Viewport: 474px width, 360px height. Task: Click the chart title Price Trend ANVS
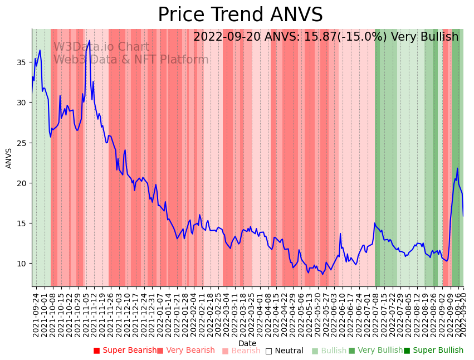coord(240,14)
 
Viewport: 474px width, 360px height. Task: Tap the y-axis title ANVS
coord(9,158)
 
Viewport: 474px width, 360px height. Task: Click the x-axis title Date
coord(247,343)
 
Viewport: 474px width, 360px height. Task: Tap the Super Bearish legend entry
coord(125,351)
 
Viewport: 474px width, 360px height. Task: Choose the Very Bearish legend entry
coord(185,351)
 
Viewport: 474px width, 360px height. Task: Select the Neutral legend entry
coord(284,351)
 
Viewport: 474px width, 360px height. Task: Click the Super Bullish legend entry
coord(433,351)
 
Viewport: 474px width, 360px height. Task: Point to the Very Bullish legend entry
coord(375,351)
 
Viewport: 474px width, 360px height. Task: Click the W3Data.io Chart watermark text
coord(101,47)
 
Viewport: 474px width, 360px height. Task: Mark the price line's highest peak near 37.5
coord(89,41)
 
